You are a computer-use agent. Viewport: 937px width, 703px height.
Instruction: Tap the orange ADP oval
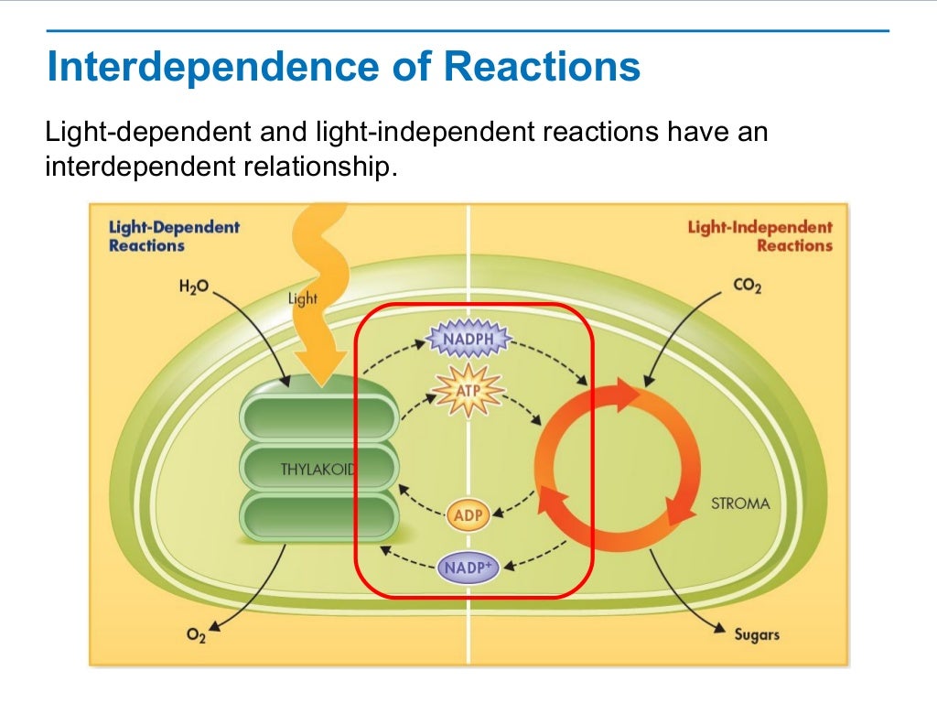click(468, 514)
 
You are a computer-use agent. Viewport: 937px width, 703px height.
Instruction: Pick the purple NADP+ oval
click(468, 568)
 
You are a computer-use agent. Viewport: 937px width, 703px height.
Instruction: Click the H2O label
click(194, 287)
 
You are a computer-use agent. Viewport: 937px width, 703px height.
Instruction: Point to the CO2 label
click(747, 287)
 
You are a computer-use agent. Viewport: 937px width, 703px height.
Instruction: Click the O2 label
click(196, 635)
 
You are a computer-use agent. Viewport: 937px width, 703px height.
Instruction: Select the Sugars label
click(757, 633)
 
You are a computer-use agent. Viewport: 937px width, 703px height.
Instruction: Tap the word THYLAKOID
click(317, 470)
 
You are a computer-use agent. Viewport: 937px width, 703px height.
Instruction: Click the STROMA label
click(740, 503)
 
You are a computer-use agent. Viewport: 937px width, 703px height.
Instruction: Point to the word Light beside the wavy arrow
click(303, 298)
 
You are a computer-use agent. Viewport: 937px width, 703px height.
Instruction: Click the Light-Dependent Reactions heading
click(174, 236)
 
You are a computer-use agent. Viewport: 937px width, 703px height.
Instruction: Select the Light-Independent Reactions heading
click(759, 236)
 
